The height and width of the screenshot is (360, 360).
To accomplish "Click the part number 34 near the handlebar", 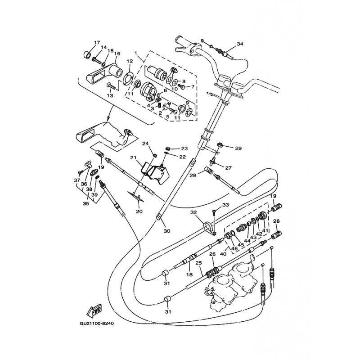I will point(240,44).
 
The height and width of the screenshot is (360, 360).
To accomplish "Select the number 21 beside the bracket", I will point(133,157).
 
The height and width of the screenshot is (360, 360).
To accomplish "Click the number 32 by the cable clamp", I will point(193,212).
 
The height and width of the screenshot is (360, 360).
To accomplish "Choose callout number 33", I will point(225,205).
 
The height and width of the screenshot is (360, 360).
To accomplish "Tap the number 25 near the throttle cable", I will point(198,262).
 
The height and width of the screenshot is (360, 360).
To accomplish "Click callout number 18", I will point(189,274).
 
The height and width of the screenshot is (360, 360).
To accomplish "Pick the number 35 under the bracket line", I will point(85,203).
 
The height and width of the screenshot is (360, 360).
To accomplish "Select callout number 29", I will point(238,148).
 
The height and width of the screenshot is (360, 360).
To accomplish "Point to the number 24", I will point(145,144).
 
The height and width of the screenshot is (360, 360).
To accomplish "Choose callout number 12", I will point(129,61).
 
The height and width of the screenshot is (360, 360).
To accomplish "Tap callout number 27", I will point(228,168).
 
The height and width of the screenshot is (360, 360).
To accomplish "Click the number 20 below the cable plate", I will point(139,211).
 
